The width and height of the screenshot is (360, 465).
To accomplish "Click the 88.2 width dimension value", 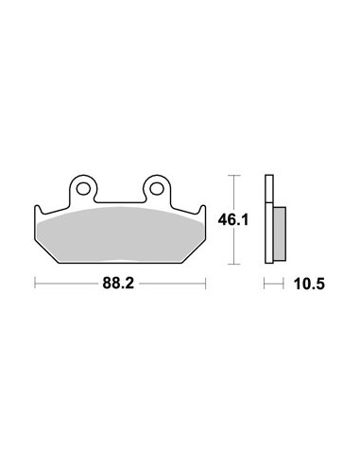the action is pos(118,284).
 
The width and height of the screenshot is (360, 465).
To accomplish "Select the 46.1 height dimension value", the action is pos(233,219).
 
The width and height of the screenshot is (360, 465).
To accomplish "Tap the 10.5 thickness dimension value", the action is pos(309,284).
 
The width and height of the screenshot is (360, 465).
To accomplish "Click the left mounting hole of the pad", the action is pos(83,189).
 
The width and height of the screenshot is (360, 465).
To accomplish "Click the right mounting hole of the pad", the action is pos(157,189).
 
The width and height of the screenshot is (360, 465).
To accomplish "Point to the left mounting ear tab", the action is pos(83,189).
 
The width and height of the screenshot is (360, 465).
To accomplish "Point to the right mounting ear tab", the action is pos(157,189).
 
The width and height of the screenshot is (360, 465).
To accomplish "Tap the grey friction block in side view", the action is pos(280,233).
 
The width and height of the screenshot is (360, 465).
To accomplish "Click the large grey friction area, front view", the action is pos(120,234).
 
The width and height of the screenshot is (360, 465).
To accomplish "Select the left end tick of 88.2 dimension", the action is pos(35,284).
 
